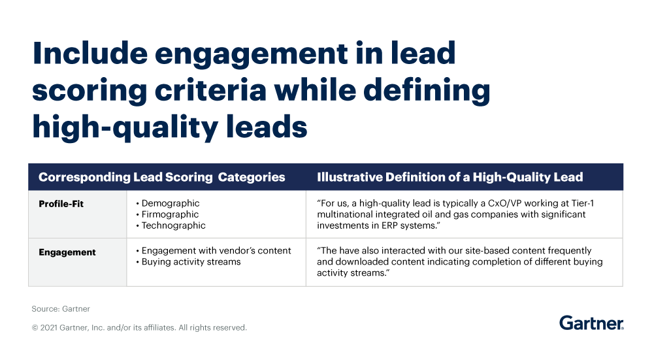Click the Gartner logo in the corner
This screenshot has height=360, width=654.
(x=591, y=323)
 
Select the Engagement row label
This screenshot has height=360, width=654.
(x=67, y=252)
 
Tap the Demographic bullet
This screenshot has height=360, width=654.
(x=170, y=203)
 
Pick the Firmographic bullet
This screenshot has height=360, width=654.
(x=170, y=214)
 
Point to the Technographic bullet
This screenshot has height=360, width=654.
(x=173, y=225)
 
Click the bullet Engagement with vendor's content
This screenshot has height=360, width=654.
(x=216, y=251)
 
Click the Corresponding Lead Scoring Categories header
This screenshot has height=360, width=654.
(x=162, y=177)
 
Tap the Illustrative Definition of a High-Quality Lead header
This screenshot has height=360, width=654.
(x=450, y=177)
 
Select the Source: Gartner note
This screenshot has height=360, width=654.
(x=60, y=308)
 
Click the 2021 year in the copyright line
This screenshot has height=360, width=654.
(x=50, y=328)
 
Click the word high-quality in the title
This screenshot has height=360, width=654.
(x=125, y=127)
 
